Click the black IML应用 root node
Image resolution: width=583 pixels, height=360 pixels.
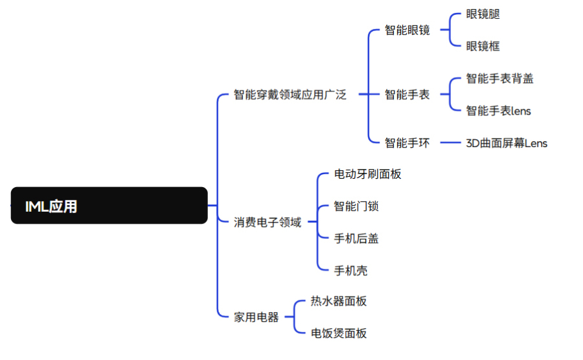(x=109, y=205)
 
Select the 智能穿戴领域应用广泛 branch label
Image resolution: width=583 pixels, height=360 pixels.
(x=290, y=95)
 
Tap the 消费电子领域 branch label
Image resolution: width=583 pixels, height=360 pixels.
(x=268, y=222)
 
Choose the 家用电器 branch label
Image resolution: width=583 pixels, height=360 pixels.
(x=256, y=317)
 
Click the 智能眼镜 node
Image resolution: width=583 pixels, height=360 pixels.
(x=407, y=30)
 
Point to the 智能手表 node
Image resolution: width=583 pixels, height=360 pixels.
(x=407, y=95)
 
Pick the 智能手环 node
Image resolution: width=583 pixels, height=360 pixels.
(x=407, y=142)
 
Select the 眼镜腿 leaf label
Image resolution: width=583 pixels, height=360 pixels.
(x=483, y=14)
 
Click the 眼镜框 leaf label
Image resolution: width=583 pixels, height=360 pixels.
(x=483, y=47)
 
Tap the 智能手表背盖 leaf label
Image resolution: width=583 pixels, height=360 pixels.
(x=499, y=78)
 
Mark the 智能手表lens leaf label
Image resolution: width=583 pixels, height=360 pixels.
(x=498, y=111)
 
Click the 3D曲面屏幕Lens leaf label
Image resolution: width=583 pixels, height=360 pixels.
(x=507, y=143)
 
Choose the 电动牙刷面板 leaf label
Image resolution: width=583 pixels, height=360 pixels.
(x=367, y=174)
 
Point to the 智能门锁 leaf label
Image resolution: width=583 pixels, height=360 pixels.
(x=356, y=206)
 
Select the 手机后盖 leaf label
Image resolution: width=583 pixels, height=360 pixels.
(x=356, y=238)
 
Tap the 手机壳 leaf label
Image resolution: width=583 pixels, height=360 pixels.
(x=350, y=271)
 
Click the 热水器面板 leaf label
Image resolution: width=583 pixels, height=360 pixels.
(x=339, y=301)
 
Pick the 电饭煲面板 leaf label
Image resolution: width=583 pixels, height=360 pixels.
(x=339, y=333)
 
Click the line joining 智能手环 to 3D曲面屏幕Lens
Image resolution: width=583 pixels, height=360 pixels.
(x=450, y=142)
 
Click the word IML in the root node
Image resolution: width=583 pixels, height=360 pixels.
(x=37, y=207)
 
